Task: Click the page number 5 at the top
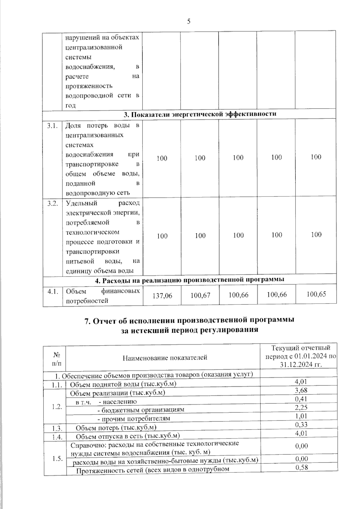pos(189,21)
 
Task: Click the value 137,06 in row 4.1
pos(162,296)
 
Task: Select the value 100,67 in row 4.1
pos(200,295)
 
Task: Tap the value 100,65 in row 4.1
pos(316,294)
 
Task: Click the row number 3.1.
pos(52,126)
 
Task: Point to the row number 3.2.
pos(52,204)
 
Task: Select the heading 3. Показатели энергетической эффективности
pos(200,114)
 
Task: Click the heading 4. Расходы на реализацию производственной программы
pos(189,280)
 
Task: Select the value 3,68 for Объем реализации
pos(301,390)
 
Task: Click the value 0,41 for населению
pos(301,399)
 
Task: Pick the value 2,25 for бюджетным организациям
pos(301,407)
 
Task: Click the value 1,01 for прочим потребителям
pos(301,416)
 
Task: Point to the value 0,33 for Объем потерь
pos(301,424)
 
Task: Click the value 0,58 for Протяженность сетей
pos(302,467)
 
